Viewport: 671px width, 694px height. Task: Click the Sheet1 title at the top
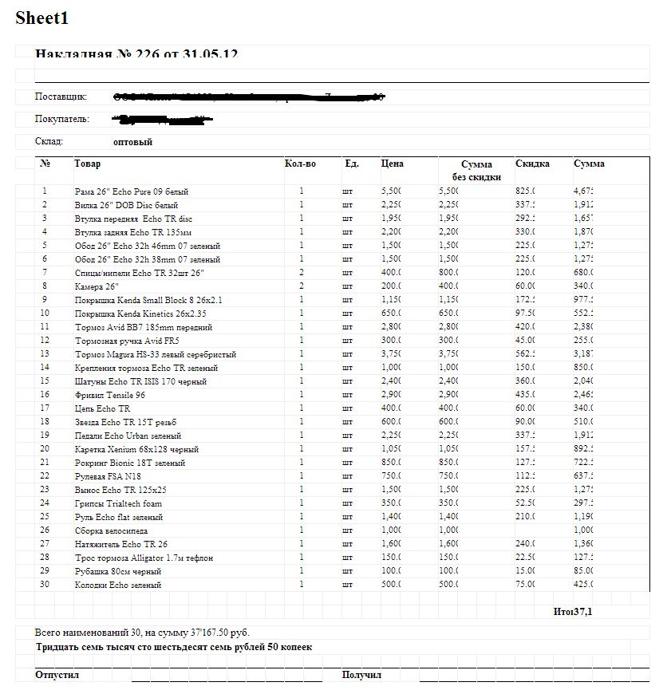(x=41, y=18)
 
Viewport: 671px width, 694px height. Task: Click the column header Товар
(x=88, y=164)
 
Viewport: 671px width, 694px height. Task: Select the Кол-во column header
(x=300, y=164)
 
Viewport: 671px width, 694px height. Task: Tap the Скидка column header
(x=532, y=164)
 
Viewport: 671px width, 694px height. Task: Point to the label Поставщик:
(x=61, y=97)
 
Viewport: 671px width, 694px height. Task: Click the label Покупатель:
(x=62, y=119)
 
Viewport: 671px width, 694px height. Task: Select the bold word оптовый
(x=133, y=142)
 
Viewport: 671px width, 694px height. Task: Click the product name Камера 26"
(x=97, y=286)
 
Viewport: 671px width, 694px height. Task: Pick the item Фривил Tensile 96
(x=110, y=395)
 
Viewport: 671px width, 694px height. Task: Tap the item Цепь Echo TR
(x=103, y=408)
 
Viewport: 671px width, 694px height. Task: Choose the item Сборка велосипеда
(x=112, y=530)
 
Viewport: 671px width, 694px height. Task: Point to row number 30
(x=45, y=585)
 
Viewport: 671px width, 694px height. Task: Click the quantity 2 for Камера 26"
(x=302, y=286)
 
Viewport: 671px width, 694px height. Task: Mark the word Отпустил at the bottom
(x=57, y=675)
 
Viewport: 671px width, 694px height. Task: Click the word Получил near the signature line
(x=361, y=675)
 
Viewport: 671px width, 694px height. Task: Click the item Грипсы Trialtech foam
(x=119, y=503)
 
